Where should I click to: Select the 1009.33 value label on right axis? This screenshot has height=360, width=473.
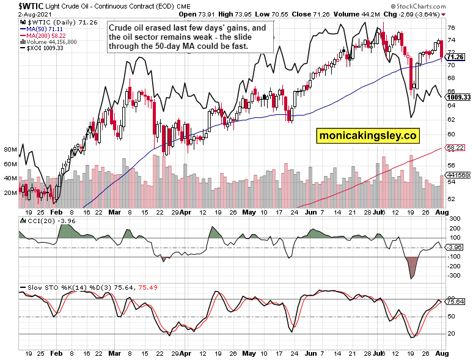tap(458, 97)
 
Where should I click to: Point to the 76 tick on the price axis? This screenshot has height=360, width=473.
tap(450, 28)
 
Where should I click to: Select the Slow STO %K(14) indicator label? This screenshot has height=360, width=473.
tap(55, 287)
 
